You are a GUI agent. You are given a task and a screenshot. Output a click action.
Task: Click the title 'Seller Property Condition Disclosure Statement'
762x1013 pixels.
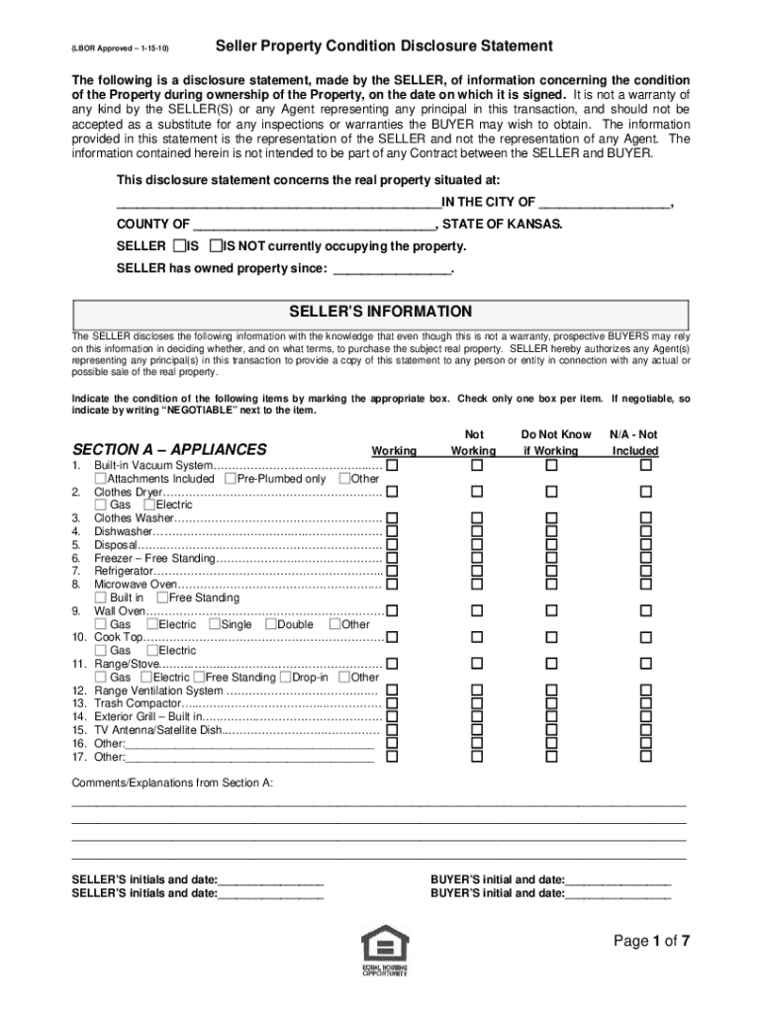[x=384, y=46]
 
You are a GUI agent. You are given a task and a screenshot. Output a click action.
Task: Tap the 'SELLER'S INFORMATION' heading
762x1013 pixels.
[x=380, y=311]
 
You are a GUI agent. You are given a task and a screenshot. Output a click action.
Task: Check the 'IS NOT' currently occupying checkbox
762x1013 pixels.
[x=216, y=245]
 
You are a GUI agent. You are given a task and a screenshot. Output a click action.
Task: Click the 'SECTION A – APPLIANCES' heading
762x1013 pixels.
[x=169, y=449]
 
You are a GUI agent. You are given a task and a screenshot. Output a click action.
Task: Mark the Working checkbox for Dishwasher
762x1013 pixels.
[x=392, y=531]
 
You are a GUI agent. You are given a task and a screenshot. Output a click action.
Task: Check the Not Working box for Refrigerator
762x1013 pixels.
[x=476, y=571]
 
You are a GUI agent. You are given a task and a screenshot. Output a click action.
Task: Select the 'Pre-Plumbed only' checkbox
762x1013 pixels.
[x=230, y=479]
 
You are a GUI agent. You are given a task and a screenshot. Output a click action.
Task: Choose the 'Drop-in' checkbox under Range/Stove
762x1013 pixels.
[x=285, y=678]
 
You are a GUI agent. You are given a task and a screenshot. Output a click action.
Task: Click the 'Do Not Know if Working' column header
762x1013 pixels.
[x=555, y=442]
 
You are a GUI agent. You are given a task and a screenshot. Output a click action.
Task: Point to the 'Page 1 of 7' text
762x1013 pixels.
[x=650, y=942]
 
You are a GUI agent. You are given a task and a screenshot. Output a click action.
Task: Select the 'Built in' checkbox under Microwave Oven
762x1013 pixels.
[x=100, y=598]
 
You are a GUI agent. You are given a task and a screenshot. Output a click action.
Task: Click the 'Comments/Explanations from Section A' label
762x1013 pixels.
[x=172, y=783]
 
